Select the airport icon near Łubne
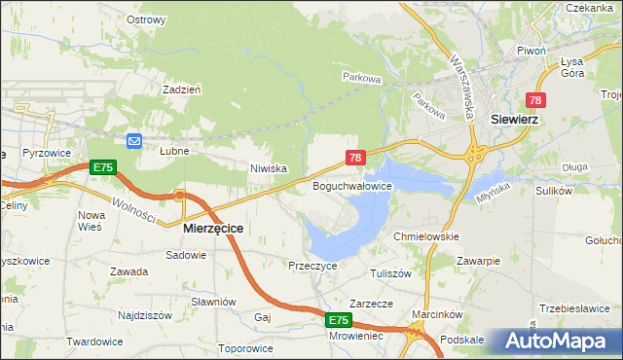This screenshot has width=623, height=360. (x=134, y=141)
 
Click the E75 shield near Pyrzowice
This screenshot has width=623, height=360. (x=103, y=168)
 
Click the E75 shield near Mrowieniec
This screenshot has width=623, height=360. (x=337, y=320)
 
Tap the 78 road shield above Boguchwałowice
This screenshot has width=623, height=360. (x=355, y=158)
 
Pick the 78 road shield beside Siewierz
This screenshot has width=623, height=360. (x=536, y=100)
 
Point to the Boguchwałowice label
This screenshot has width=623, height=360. (x=351, y=185)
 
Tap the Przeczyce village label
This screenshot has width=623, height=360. (x=312, y=265)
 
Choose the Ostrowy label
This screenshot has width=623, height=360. (x=146, y=18)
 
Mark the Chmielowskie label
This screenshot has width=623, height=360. (x=425, y=236)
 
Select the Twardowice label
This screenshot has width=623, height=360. (x=93, y=342)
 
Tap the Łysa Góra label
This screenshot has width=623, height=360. (x=571, y=66)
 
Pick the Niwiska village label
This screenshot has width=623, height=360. (x=268, y=168)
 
